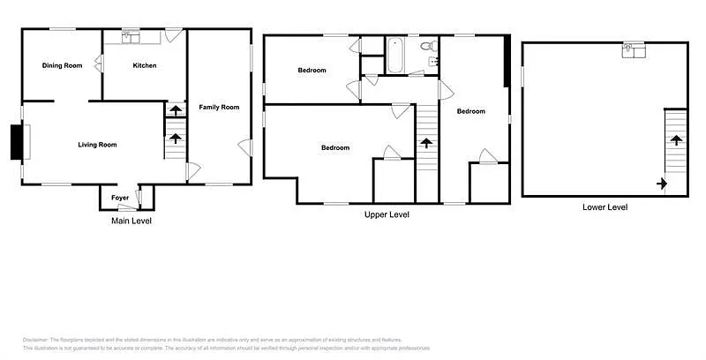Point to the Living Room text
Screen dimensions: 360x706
click(x=97, y=145)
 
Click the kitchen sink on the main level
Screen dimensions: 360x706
click(x=131, y=36)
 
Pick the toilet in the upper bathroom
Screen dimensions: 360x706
click(x=425, y=45)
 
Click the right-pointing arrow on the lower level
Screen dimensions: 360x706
click(x=661, y=184)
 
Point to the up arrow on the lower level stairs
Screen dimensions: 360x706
click(x=676, y=139)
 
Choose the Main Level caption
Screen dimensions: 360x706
click(x=131, y=221)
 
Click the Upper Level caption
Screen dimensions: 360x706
click(x=387, y=214)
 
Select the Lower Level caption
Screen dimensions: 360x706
click(x=605, y=207)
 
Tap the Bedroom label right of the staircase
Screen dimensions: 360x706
click(x=470, y=111)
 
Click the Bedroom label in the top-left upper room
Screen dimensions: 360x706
click(x=312, y=71)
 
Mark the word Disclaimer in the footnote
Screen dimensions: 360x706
click(x=35, y=340)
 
